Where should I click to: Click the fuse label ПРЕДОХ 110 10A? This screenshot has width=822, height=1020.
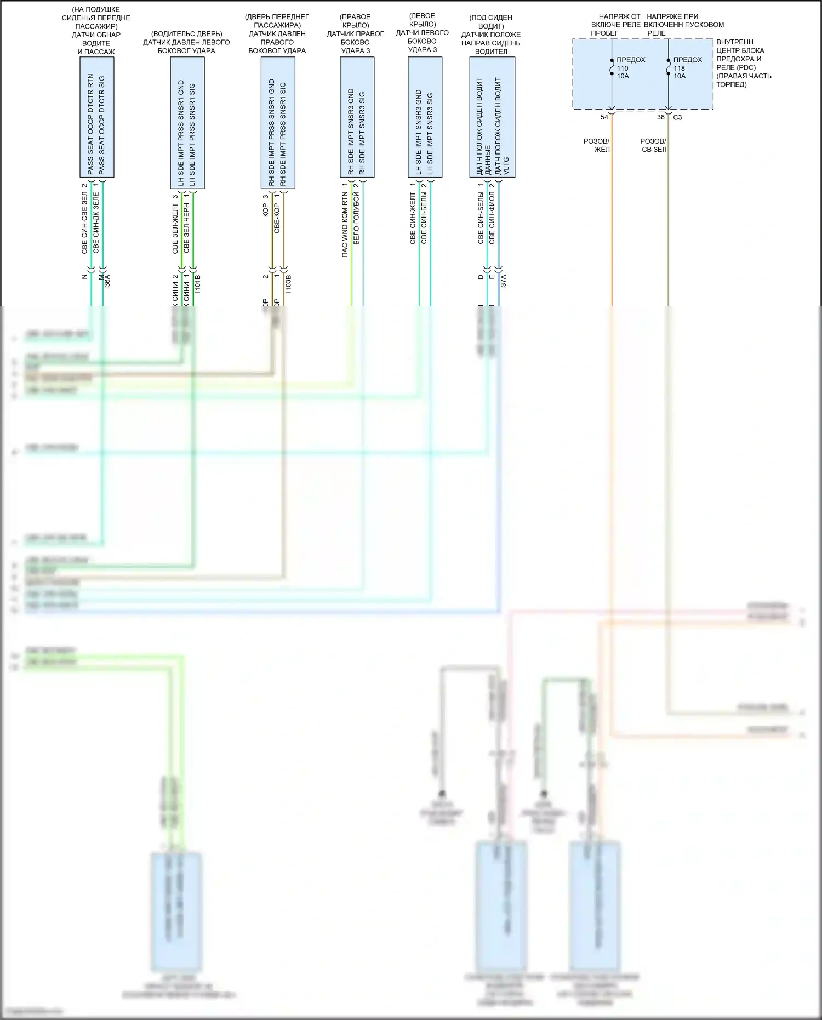[x=630, y=68]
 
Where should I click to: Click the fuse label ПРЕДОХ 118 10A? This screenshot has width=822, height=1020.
[x=687, y=68]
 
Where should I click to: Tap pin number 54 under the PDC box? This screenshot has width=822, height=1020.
[x=604, y=117]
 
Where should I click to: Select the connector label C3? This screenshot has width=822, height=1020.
[x=677, y=117]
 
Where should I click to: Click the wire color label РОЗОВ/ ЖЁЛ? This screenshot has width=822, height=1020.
[x=597, y=145]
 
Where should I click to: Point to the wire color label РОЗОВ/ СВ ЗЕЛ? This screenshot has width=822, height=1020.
[x=653, y=145]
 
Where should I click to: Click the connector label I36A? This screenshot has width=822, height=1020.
[x=107, y=282]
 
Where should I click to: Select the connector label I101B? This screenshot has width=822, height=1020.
[x=198, y=283]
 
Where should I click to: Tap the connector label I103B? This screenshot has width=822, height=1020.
[x=288, y=283]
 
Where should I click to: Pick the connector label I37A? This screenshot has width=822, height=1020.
[x=504, y=282]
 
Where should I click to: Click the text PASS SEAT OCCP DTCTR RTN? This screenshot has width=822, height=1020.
[x=90, y=124]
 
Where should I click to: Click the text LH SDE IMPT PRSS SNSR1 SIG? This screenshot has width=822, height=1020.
[x=192, y=135]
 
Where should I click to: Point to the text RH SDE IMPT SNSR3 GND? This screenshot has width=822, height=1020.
[x=351, y=132]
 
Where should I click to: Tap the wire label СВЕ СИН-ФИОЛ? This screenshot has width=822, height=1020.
[x=492, y=218]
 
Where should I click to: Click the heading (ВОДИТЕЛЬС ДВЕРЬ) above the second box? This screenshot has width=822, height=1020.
[x=187, y=34]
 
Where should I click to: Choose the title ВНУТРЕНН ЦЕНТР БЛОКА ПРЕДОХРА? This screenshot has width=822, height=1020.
[x=740, y=50]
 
